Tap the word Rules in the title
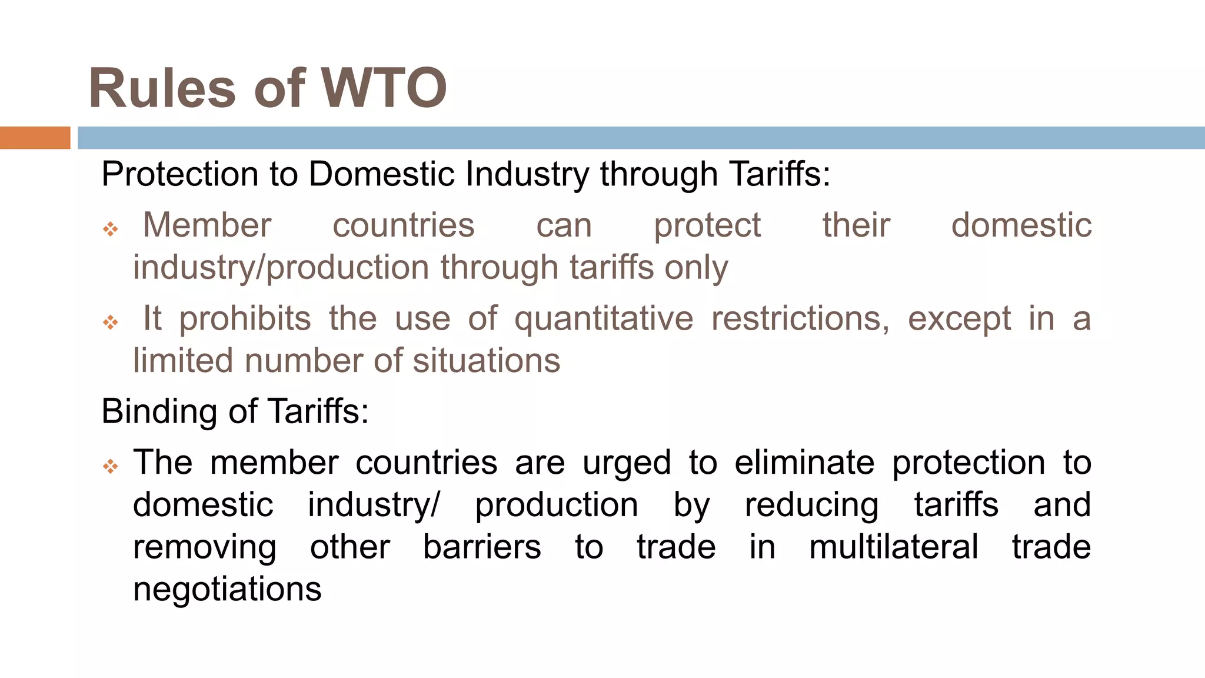pos(162,88)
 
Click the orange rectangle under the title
pos(35,138)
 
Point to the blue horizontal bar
pos(641,138)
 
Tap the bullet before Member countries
pos(111,229)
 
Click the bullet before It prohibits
pos(111,322)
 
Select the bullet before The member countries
pos(111,467)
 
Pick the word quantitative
pos(604,320)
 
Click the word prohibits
pos(245,320)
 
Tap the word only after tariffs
pos(696,268)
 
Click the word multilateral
pos(894,547)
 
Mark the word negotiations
pos(227,590)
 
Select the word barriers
pos(482,547)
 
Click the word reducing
pos(811,506)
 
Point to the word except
pos(959,320)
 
